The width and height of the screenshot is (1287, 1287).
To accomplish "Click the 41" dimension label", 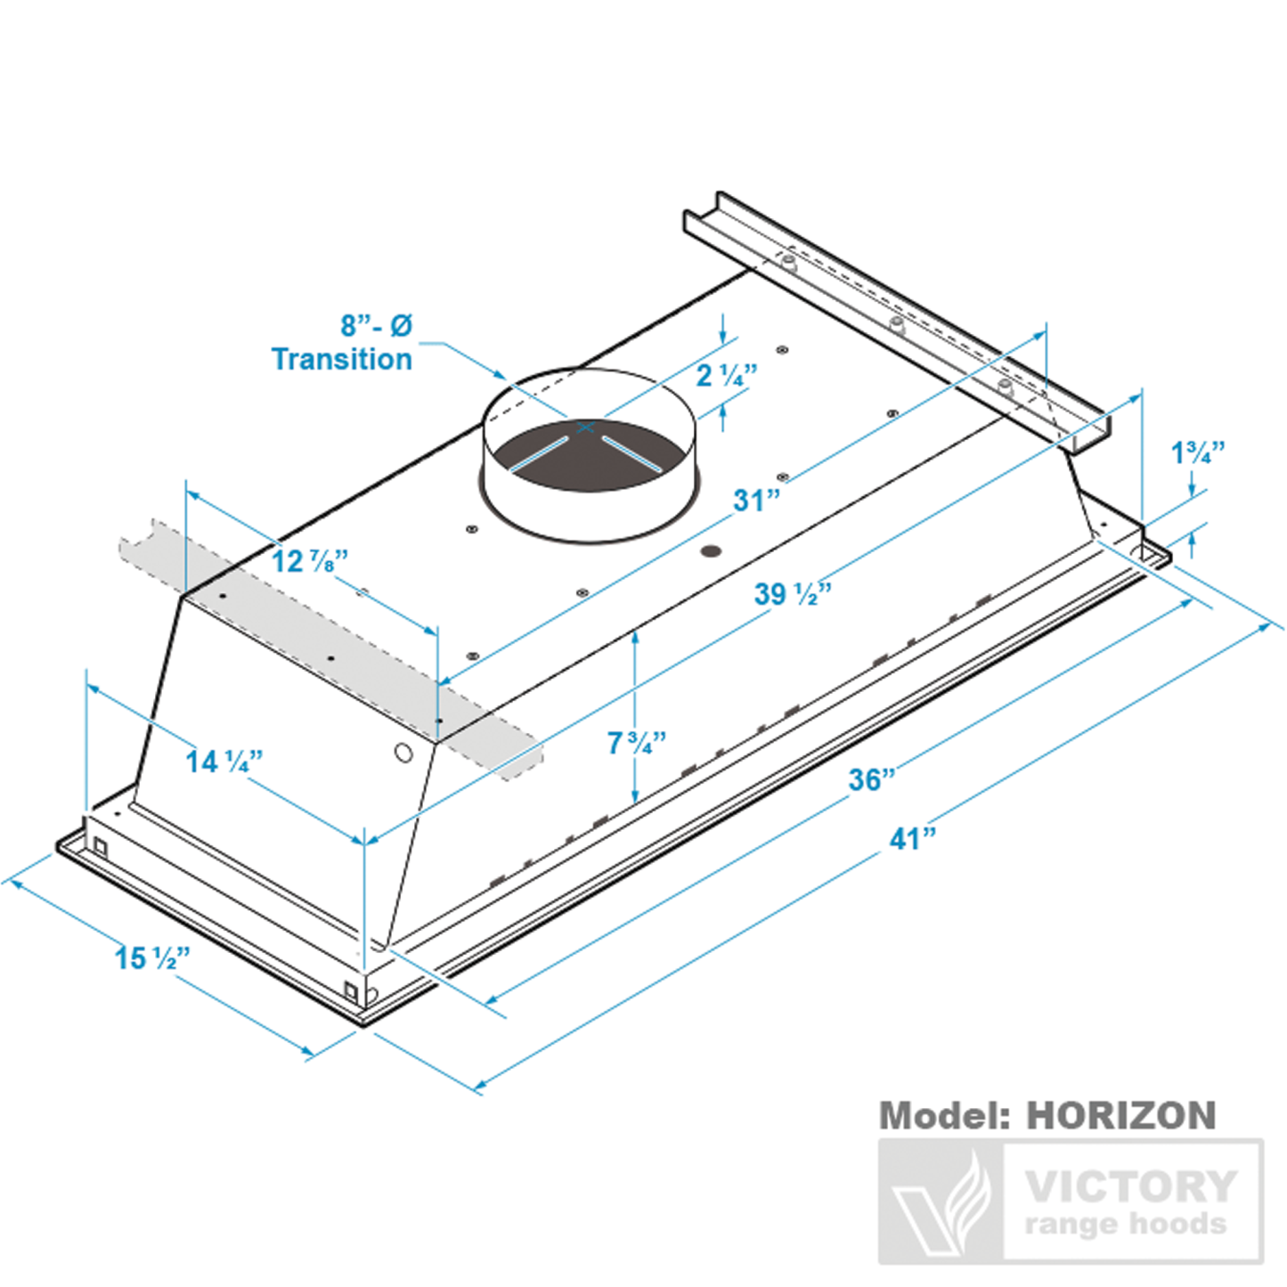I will click(913, 839).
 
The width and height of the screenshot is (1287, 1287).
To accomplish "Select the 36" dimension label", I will click(871, 780).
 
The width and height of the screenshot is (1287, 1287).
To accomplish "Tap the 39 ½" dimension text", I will click(793, 594).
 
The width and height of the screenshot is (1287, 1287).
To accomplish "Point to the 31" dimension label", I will click(756, 501).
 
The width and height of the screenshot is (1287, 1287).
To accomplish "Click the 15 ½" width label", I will click(152, 958).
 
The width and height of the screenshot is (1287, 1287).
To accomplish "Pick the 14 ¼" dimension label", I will click(224, 762).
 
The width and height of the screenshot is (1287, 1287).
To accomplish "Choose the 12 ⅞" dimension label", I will click(309, 561).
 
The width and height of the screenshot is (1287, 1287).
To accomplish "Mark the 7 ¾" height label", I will click(636, 743).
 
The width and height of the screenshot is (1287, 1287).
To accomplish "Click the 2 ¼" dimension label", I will click(726, 376).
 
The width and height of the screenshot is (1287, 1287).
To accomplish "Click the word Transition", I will click(342, 359).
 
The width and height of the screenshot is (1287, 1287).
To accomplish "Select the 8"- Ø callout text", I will click(376, 326).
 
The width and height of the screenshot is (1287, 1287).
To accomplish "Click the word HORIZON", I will click(1120, 1116).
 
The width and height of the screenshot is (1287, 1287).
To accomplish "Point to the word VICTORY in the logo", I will click(1130, 1186).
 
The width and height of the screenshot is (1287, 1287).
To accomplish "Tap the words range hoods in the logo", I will click(1125, 1225).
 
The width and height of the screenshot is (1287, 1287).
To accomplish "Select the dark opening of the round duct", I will click(588, 463).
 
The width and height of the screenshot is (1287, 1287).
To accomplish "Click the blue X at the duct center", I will click(585, 428).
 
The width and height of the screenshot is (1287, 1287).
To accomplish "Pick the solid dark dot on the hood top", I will click(710, 551).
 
